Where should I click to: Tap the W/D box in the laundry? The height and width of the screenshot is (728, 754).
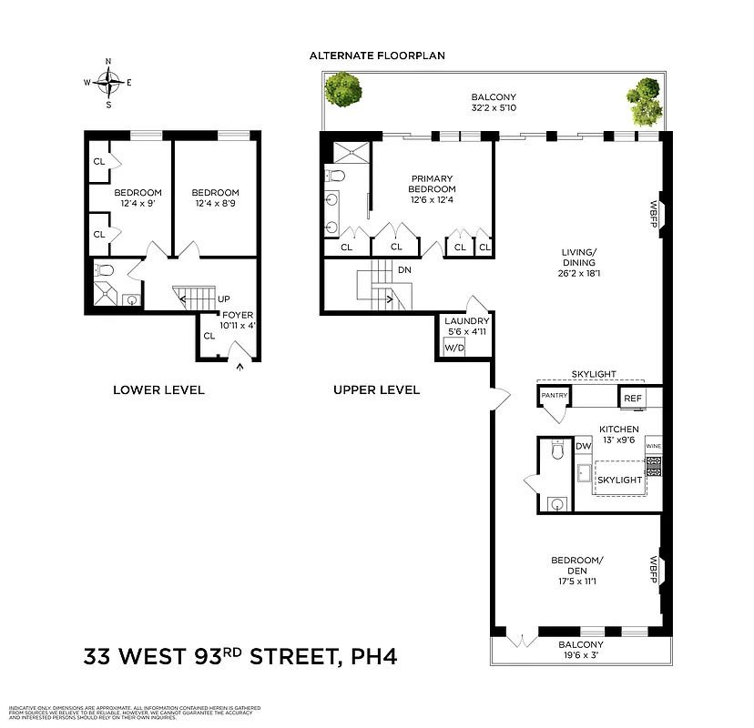pos(453,346)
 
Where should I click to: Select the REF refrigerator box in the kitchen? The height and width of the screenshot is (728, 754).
pos(631,398)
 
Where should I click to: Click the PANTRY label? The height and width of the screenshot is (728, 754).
pos(554,396)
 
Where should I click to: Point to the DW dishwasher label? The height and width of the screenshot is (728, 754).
pos(584,447)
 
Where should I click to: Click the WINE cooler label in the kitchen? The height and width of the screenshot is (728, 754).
pos(653,447)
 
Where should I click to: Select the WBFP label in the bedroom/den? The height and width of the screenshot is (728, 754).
pos(654,571)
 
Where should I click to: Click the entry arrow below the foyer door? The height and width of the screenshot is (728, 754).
pos(240,368)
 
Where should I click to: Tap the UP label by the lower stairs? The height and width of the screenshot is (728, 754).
pos(222,298)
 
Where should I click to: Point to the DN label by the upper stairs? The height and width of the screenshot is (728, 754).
pos(404,270)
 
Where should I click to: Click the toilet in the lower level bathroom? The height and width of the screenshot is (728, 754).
pos(104,269)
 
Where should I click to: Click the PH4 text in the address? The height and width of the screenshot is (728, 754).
pos(372,656)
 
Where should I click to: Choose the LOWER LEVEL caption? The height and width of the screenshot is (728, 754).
pos(158,389)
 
